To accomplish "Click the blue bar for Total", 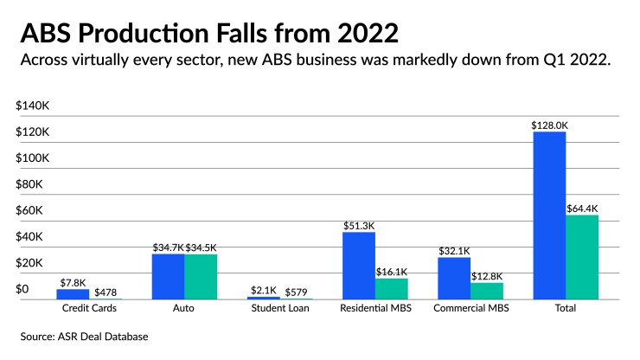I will [x=549, y=215].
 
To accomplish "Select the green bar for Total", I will [x=582, y=257].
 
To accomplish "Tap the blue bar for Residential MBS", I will [x=359, y=266].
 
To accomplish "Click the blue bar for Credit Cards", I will [x=73, y=293].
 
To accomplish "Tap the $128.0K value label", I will [x=549, y=125].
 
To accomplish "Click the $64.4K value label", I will [x=582, y=209].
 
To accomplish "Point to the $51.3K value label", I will [x=359, y=226].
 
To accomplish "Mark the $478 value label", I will [x=106, y=292].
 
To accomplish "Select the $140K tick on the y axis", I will [x=34, y=106].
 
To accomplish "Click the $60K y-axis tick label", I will [x=30, y=210].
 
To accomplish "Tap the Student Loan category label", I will [x=279, y=308].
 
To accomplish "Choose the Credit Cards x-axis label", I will [x=89, y=308].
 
